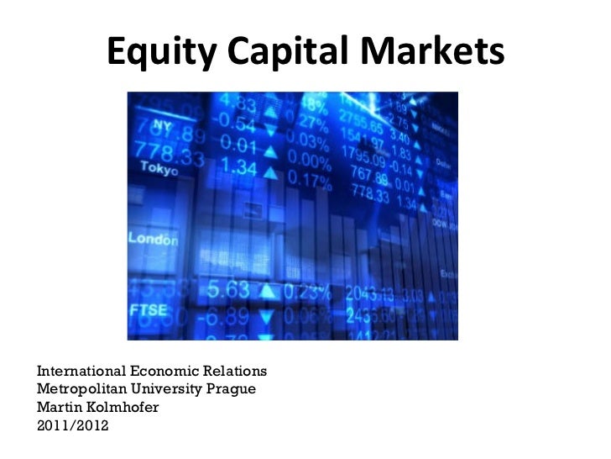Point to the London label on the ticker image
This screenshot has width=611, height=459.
[153, 240]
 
